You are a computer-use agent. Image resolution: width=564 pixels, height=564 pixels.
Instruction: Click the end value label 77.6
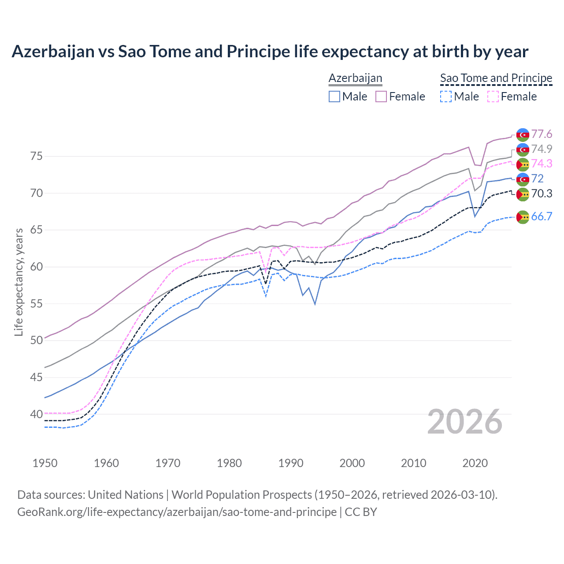[542, 134]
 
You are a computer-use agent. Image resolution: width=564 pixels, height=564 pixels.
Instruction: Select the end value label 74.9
[542, 149]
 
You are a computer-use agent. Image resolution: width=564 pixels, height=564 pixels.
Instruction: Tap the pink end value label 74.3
[542, 163]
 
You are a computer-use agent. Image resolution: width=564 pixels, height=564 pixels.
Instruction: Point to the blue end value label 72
[537, 178]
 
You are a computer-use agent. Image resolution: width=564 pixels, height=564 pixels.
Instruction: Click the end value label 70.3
[542, 193]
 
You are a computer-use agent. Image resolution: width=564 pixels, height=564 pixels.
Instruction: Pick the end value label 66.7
[542, 216]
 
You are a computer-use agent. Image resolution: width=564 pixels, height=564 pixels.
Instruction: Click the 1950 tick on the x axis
[45, 463]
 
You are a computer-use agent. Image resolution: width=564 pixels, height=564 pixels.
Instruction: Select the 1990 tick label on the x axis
[291, 463]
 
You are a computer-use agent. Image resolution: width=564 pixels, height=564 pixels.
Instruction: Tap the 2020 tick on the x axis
[475, 463]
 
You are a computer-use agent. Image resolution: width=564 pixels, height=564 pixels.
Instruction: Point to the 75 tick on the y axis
[37, 156]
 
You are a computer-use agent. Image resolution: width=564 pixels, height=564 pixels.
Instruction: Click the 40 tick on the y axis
[37, 414]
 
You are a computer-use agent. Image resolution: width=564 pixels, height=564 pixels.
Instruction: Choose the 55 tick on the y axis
[37, 304]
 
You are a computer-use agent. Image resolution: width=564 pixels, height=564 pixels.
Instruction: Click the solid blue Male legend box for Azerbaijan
[334, 96]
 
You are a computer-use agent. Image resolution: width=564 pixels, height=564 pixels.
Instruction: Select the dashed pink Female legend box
[493, 96]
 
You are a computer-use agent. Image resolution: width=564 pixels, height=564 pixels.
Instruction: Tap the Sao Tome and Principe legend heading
[496, 78]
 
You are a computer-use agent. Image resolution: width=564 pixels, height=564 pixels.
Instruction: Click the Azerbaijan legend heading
[355, 78]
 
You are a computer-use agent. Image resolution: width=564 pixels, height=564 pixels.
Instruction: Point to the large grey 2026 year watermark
[465, 422]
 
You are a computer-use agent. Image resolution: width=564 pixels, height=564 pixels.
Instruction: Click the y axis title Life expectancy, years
[19, 282]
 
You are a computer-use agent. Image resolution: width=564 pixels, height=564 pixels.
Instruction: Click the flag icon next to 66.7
[523, 217]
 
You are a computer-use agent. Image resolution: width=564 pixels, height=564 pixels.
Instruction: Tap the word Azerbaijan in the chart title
[53, 52]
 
